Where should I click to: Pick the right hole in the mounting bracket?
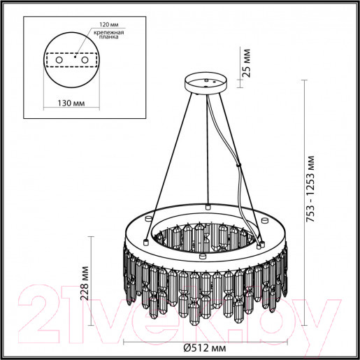85,62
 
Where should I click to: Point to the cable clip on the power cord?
240,166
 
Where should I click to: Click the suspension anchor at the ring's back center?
208,207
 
